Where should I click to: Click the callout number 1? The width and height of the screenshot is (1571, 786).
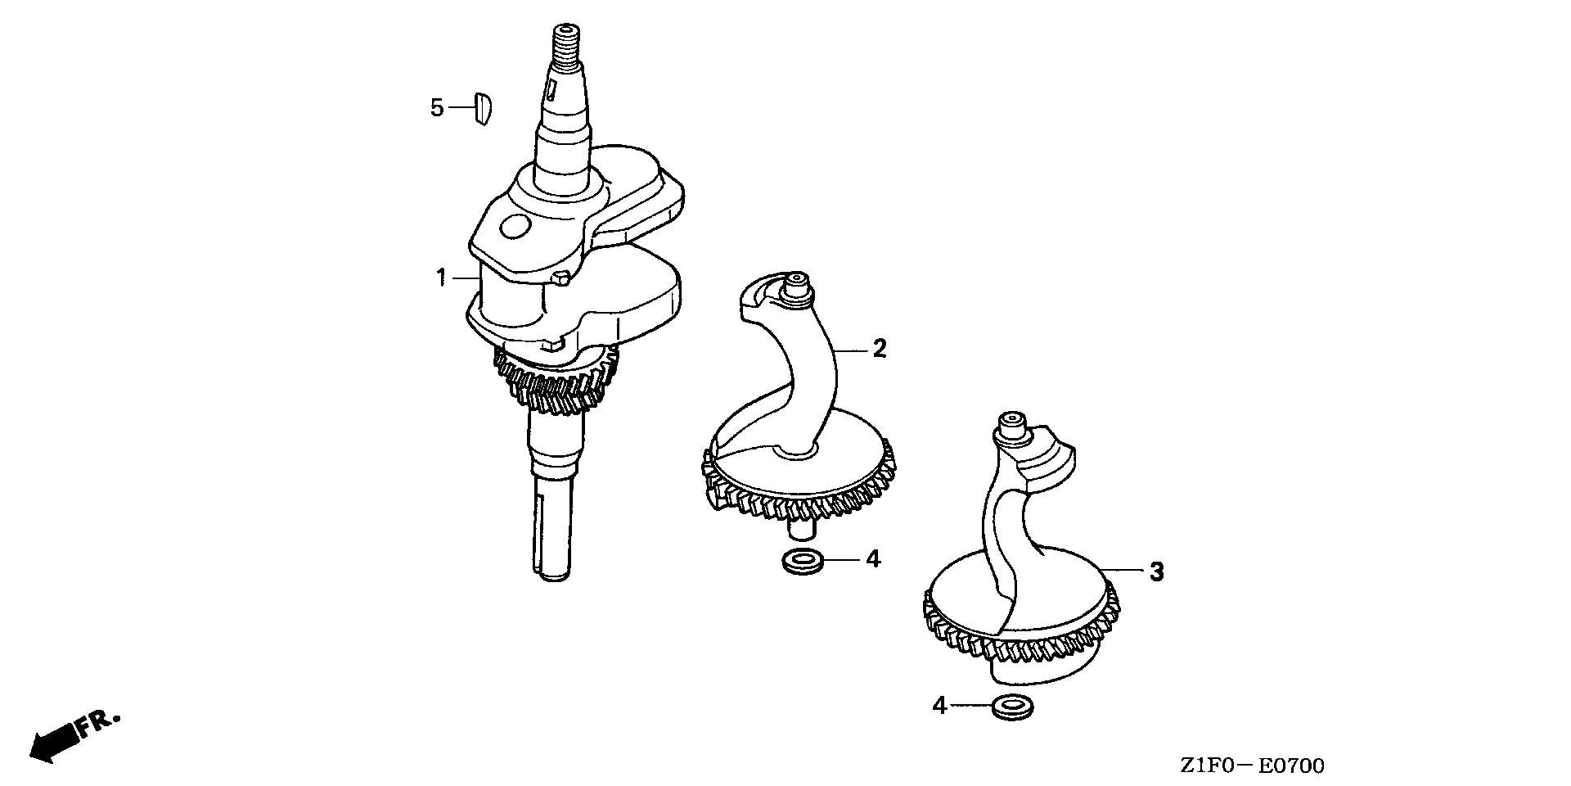[441, 278]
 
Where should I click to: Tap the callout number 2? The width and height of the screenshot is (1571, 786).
[879, 349]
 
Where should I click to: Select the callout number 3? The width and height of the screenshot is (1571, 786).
[1156, 571]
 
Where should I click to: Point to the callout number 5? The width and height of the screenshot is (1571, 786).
[437, 107]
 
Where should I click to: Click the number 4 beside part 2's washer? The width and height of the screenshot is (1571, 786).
[873, 559]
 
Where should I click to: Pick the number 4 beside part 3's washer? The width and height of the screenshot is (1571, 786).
[940, 705]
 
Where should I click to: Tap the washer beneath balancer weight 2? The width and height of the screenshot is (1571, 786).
[801, 563]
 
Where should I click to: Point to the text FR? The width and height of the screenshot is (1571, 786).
[99, 724]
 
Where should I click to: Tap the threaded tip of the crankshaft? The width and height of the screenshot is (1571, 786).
[564, 41]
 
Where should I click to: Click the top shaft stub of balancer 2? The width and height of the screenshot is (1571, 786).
[796, 287]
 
